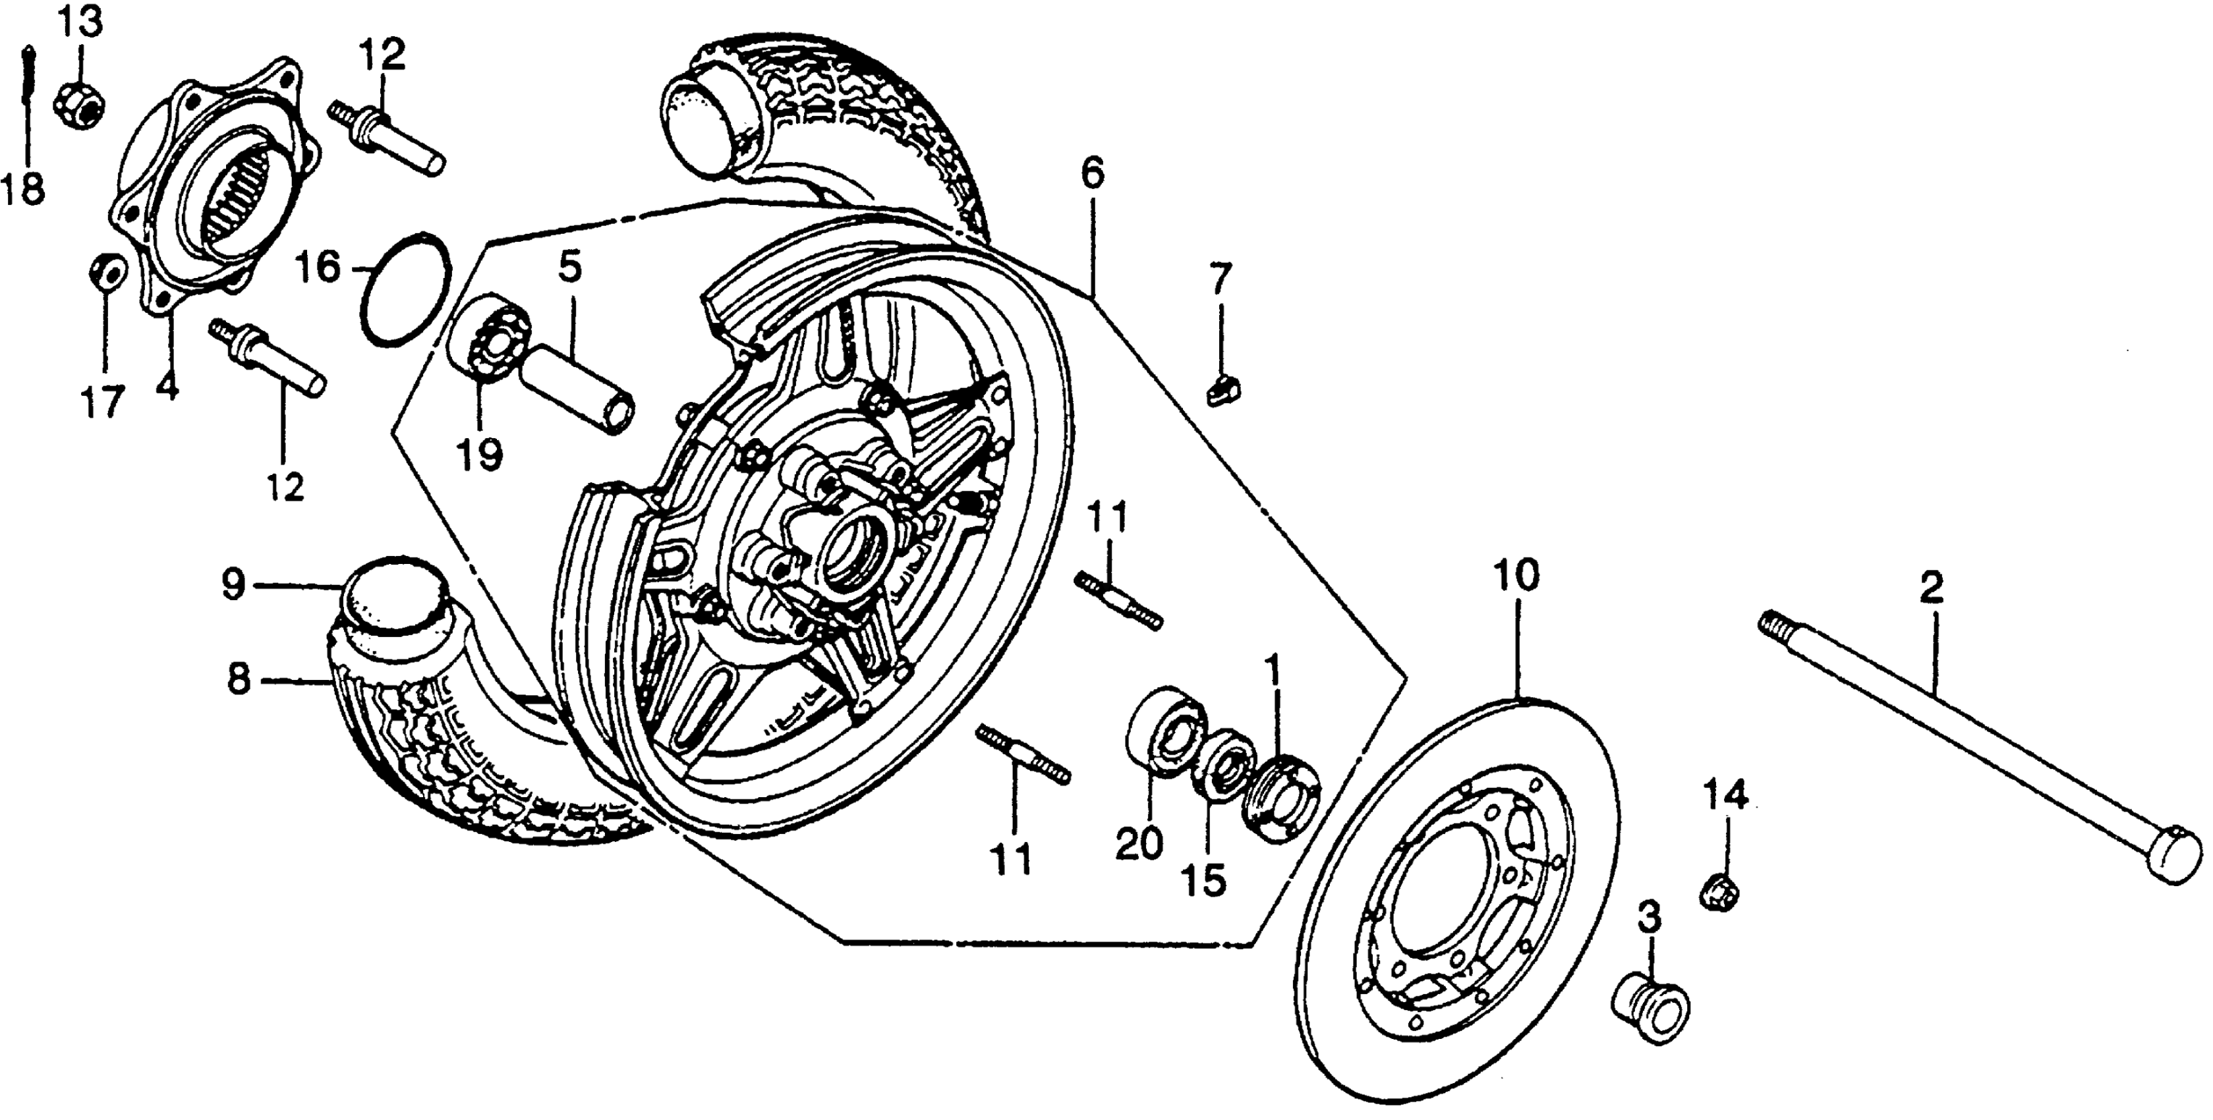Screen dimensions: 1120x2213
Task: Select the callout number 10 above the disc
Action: point(1516,577)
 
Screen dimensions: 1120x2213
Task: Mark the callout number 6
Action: point(1091,175)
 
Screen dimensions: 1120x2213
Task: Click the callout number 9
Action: point(233,586)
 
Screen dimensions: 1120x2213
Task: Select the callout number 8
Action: point(239,681)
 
